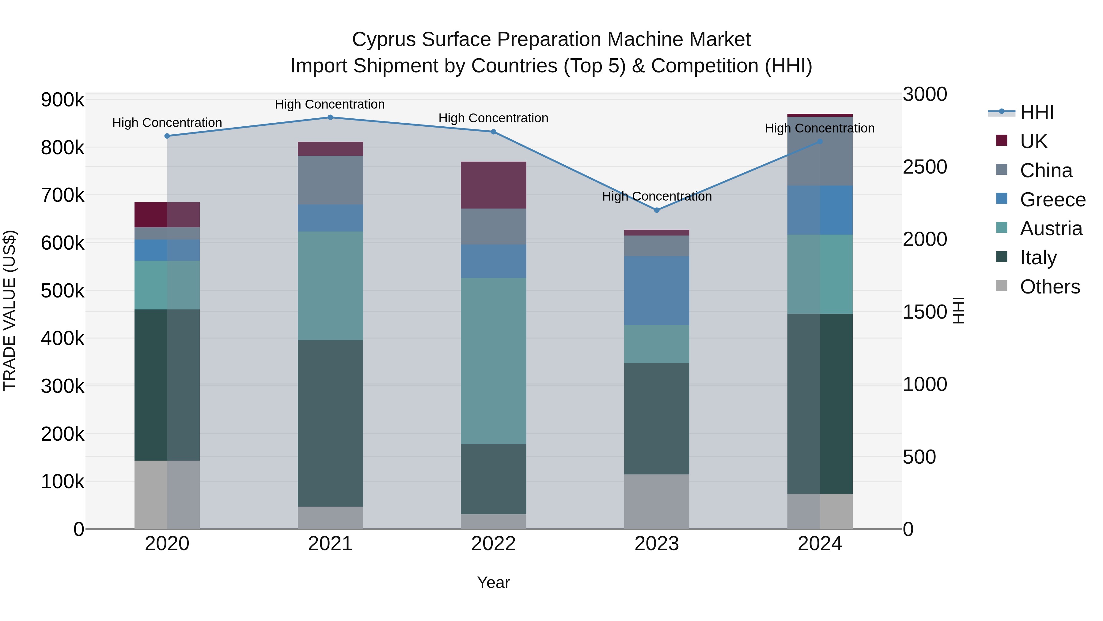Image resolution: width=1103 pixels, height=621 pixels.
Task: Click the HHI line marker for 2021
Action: (330, 117)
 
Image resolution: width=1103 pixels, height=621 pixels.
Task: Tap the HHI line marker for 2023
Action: (657, 210)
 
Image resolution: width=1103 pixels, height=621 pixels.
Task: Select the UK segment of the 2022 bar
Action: (493, 185)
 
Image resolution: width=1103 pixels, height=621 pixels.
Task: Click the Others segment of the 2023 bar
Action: (657, 501)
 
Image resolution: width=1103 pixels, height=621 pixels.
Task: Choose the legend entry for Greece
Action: (1052, 200)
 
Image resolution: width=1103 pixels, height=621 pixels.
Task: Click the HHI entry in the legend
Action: (1036, 112)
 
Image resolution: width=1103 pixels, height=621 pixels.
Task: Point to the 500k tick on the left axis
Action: (63, 291)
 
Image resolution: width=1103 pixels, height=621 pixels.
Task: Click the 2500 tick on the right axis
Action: (925, 167)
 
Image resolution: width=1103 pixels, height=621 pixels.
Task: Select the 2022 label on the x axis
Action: (493, 544)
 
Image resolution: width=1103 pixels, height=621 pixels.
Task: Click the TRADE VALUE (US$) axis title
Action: (10, 310)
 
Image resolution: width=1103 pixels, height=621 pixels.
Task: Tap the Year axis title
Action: (493, 582)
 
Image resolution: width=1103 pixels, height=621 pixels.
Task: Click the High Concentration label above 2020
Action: (167, 123)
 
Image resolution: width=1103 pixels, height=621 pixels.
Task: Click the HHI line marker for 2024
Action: (820, 141)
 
